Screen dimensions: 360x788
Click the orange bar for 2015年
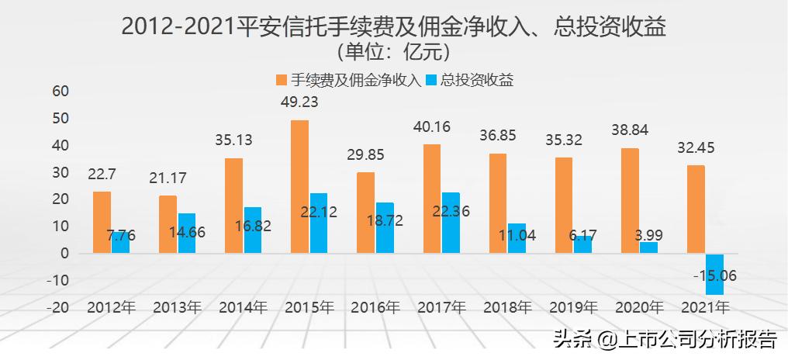pyautogui.click(x=299, y=186)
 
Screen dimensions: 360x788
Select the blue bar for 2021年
pyautogui.click(x=716, y=274)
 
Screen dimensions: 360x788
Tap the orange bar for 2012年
pyautogui.click(x=102, y=222)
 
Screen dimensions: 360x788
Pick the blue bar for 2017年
pyautogui.click(x=451, y=222)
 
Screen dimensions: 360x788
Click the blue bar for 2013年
pyautogui.click(x=187, y=233)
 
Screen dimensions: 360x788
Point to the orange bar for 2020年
pyautogui.click(x=630, y=200)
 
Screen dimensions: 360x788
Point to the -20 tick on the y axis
pyautogui.click(x=58, y=306)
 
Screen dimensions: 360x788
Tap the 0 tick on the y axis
pyautogui.click(x=64, y=253)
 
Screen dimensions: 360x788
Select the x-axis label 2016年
pyautogui.click(x=375, y=307)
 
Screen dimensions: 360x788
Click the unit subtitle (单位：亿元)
pyautogui.click(x=394, y=52)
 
